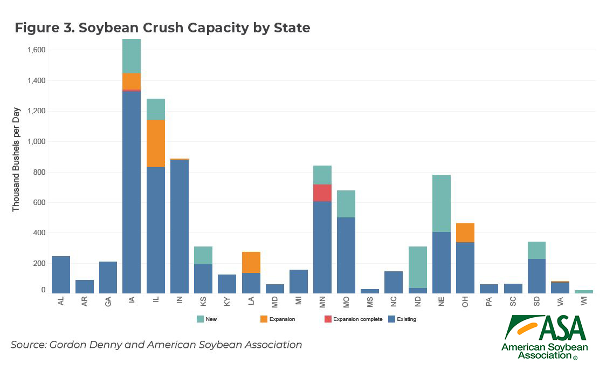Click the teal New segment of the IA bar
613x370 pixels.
[x=132, y=56]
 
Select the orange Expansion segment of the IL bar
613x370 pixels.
[x=155, y=143]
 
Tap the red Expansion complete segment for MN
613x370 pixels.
[x=322, y=193]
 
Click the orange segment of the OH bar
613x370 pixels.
[x=465, y=232]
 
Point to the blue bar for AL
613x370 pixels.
[x=60, y=275]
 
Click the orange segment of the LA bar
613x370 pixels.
[x=251, y=262]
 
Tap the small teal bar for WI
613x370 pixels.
[x=584, y=292]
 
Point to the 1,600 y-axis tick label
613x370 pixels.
[x=36, y=50]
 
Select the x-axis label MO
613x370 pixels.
[x=346, y=304]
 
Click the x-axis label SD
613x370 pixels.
[x=536, y=304]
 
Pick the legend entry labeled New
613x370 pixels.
[x=211, y=319]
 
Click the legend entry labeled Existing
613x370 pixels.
[x=406, y=319]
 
